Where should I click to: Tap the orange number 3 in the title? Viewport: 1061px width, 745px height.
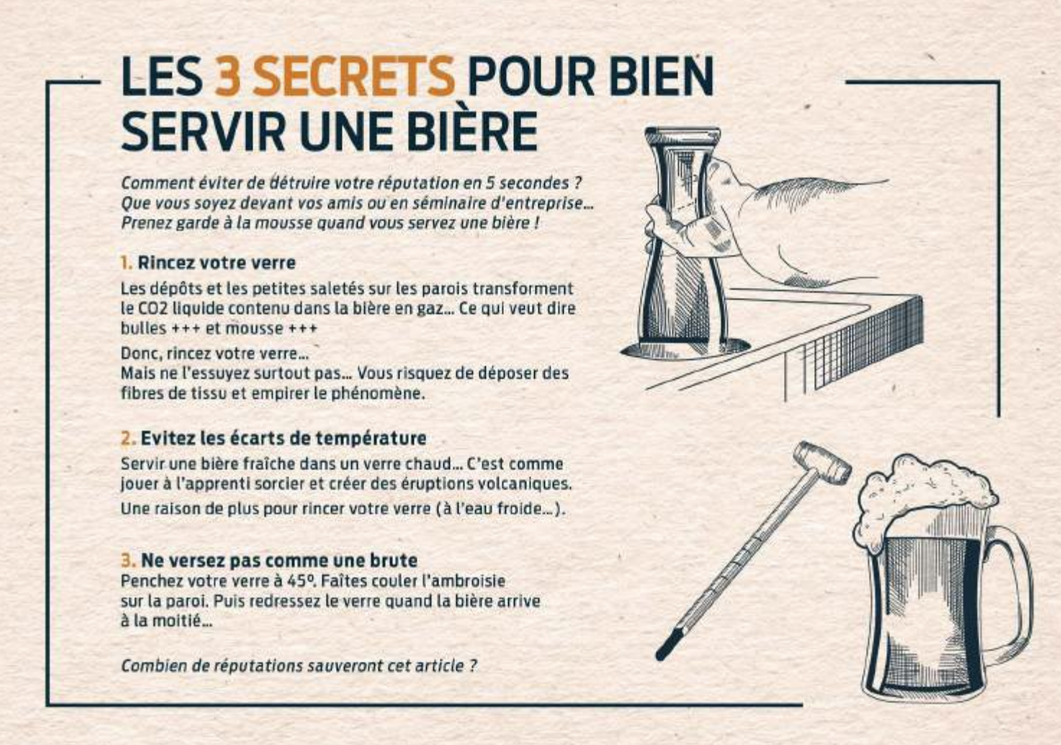point(227,76)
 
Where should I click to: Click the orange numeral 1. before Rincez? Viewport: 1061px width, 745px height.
point(126,263)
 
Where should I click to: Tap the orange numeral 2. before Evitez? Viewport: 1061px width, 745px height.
point(128,439)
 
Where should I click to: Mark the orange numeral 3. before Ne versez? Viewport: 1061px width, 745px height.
point(128,561)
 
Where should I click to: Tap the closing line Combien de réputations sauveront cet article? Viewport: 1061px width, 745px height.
point(299,666)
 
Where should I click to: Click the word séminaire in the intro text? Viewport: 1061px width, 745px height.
point(448,203)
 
